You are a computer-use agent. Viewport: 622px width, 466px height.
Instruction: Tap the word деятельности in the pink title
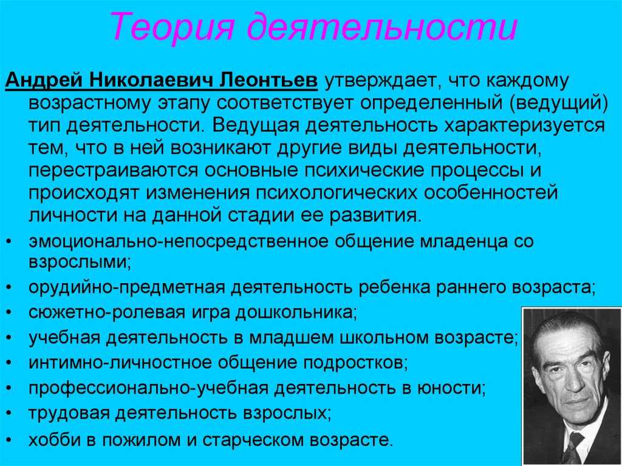(x=383, y=27)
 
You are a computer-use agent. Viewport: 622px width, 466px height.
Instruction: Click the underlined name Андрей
(x=44, y=81)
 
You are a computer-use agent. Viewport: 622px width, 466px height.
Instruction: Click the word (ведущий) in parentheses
(x=559, y=104)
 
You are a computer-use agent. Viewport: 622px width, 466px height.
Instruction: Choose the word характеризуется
(x=524, y=126)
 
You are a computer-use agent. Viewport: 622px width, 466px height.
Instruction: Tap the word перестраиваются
(x=112, y=171)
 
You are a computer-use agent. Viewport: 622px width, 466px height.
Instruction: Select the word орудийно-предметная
(x=127, y=287)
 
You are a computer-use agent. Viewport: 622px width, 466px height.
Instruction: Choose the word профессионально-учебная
(x=148, y=388)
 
